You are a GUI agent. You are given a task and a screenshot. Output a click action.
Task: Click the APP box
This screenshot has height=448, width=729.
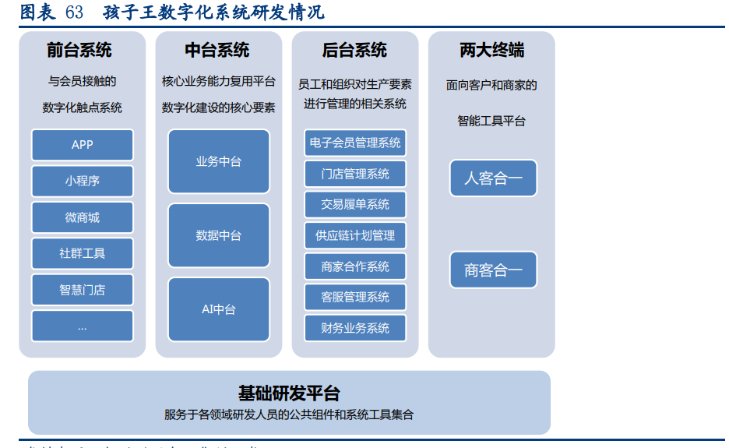(82, 145)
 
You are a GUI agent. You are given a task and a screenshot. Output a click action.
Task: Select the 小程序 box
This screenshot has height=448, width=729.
(82, 181)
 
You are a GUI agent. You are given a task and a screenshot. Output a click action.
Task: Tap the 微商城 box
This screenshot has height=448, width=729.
(82, 217)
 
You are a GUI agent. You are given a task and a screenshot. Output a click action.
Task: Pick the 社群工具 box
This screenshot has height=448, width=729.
(82, 253)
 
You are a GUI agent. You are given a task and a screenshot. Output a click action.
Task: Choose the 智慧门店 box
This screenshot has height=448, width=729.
(82, 290)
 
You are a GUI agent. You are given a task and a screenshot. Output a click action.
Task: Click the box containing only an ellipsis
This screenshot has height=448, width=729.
(82, 326)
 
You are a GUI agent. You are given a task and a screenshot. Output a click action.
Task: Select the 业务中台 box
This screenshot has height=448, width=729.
(219, 161)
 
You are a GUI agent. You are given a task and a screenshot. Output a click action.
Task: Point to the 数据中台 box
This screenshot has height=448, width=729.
(219, 235)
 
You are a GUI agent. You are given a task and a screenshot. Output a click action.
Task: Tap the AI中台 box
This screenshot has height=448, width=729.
(219, 309)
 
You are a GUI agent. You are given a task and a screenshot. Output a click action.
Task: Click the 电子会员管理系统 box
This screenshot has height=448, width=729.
(355, 143)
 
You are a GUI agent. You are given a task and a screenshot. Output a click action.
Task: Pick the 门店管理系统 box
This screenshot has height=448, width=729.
(355, 174)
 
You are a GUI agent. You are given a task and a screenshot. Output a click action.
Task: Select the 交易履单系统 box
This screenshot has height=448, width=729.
(355, 204)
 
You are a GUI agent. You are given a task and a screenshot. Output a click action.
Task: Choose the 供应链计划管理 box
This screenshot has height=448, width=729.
(355, 235)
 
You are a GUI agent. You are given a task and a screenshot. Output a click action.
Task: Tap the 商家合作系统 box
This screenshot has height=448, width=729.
(355, 266)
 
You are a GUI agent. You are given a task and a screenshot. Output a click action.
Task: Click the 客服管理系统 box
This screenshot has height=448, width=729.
(355, 297)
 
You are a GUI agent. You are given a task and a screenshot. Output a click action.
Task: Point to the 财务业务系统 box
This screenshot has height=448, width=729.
(355, 328)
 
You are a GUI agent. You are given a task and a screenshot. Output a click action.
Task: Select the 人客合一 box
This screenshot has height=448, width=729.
(493, 178)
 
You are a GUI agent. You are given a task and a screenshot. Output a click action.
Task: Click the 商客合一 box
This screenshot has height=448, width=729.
(493, 270)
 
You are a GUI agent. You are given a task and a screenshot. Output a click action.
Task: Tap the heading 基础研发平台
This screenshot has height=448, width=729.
(289, 393)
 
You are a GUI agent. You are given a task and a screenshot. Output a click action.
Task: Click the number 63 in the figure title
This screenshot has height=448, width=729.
(75, 12)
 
